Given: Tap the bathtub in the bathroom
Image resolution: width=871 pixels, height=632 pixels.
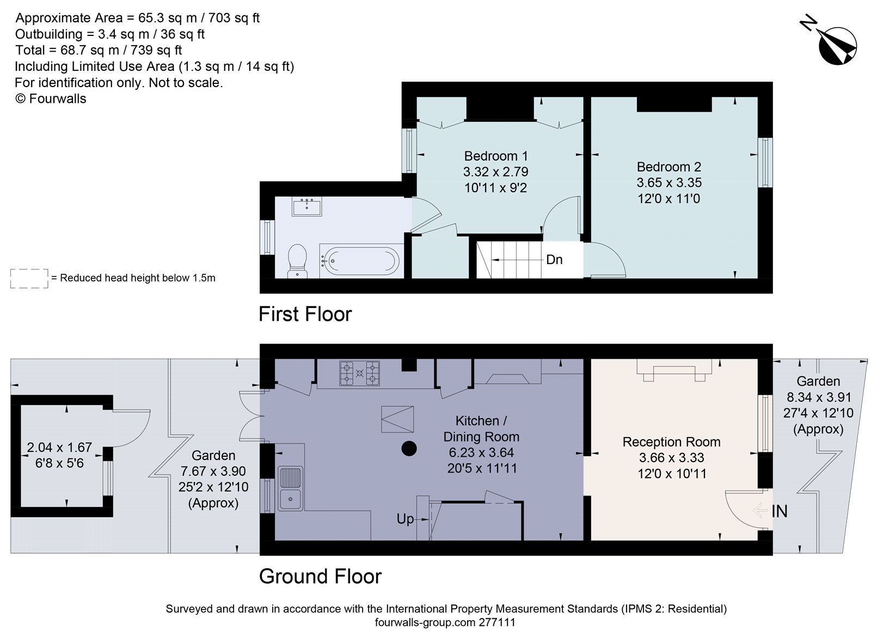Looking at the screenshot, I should pyautogui.click(x=359, y=260).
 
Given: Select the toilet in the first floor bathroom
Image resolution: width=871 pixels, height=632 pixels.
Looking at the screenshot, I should pyautogui.click(x=297, y=260).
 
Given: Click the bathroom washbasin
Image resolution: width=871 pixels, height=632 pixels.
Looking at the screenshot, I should pyautogui.click(x=306, y=206).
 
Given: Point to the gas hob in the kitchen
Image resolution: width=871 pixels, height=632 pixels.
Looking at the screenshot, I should pyautogui.click(x=359, y=373).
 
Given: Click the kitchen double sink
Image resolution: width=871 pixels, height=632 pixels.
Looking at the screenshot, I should pyautogui.click(x=290, y=488).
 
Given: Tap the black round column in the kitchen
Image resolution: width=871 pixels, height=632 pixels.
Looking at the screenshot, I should pyautogui.click(x=409, y=449).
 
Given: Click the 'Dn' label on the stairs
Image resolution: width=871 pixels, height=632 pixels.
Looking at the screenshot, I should pyautogui.click(x=554, y=260).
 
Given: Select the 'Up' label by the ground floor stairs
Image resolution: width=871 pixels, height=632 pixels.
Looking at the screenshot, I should pyautogui.click(x=405, y=519).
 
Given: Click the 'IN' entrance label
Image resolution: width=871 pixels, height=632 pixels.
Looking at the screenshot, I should pyautogui.click(x=779, y=511).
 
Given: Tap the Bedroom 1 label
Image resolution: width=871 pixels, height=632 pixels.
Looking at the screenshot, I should pyautogui.click(x=495, y=156).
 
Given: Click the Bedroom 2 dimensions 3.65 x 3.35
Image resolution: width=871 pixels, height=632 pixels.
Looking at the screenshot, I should pyautogui.click(x=669, y=183).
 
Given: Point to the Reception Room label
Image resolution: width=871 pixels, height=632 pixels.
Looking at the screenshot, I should pyautogui.click(x=671, y=442).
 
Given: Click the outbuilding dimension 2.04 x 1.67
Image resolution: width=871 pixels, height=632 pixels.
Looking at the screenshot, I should pyautogui.click(x=59, y=447).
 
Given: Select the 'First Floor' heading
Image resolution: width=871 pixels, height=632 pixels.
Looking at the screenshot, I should pyautogui.click(x=305, y=314).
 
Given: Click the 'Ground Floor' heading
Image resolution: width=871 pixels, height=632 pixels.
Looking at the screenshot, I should pyautogui.click(x=320, y=576).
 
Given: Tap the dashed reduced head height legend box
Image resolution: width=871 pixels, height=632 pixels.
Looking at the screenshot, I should pyautogui.click(x=29, y=278).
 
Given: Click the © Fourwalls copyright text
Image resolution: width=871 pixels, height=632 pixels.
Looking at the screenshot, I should pyautogui.click(x=51, y=99).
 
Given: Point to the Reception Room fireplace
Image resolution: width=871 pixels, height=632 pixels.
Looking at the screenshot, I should pyautogui.click(x=674, y=371).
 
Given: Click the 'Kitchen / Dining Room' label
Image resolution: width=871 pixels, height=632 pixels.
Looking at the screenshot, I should pyautogui.click(x=481, y=428).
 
